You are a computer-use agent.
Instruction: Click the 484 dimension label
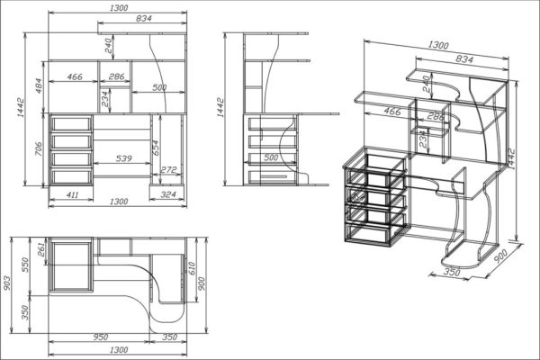38,87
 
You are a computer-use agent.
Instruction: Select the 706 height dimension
38,148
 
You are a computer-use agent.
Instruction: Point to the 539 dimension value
123,158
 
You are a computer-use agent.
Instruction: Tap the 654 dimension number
156,148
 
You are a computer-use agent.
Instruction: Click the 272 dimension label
168,169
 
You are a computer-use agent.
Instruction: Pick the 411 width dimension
72,195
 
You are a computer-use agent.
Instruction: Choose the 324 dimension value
168,194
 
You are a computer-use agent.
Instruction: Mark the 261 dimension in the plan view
41,249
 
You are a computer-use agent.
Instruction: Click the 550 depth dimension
26,265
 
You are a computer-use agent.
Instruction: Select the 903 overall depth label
7,283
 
